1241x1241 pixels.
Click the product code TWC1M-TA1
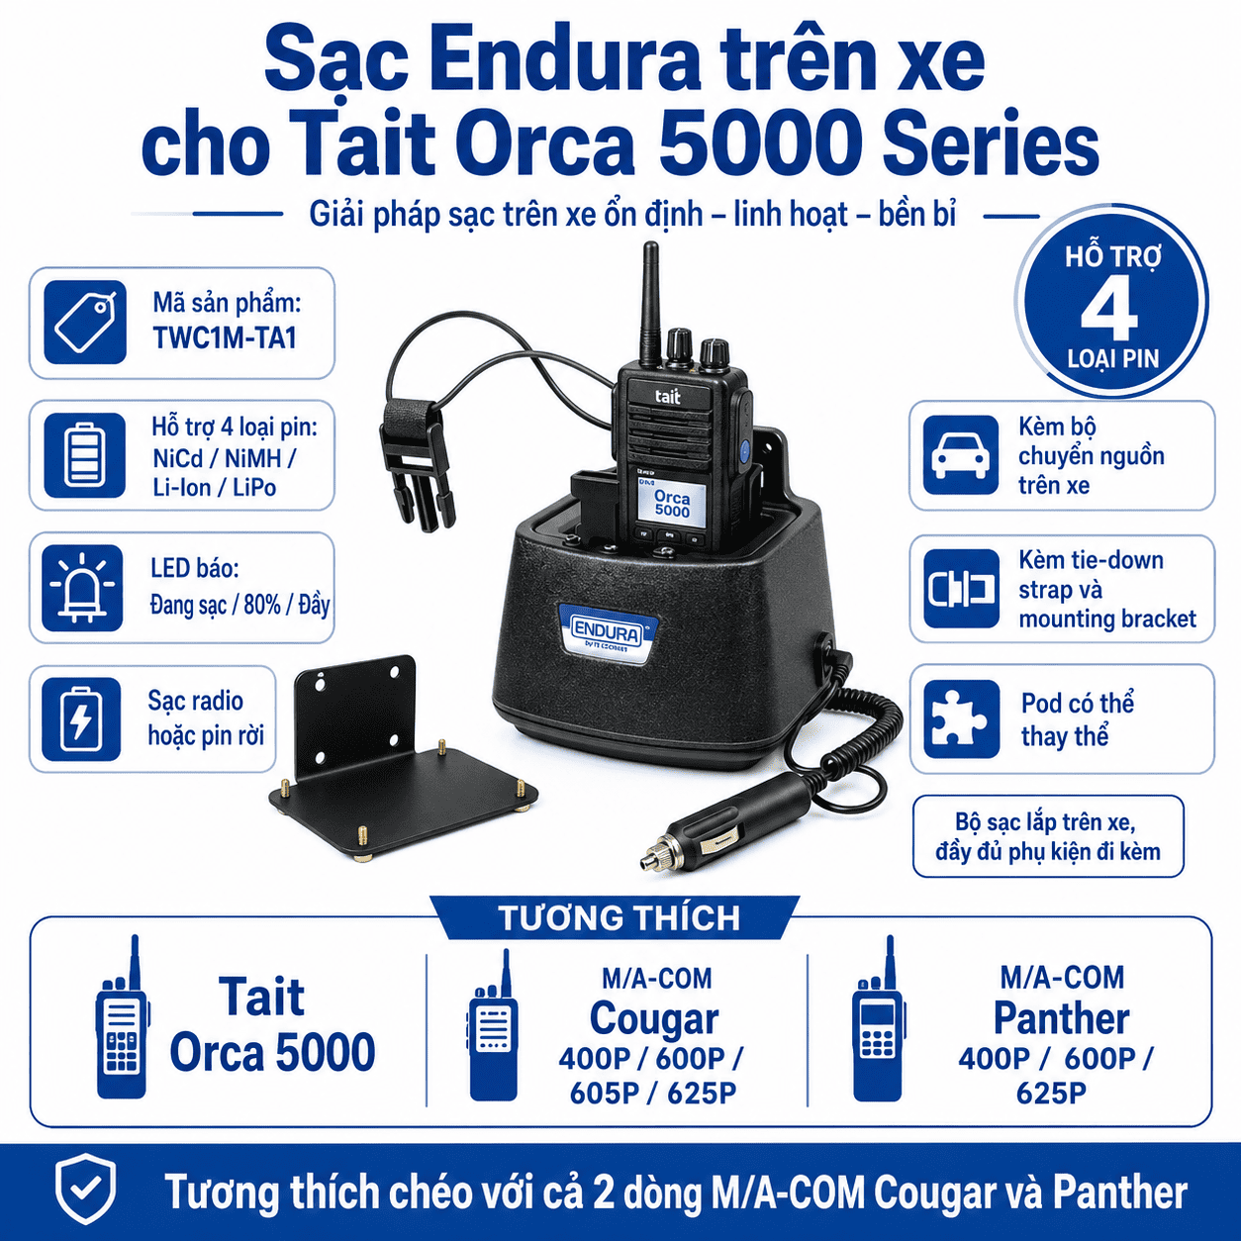pos(225,338)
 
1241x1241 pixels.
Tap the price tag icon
pos(85,322)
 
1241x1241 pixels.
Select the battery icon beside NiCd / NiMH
pos(85,455)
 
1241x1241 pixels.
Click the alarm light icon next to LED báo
pos(82,587)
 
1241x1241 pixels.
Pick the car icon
pos(961,454)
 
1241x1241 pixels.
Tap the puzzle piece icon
pos(961,718)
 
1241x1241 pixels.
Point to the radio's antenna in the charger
pos(652,304)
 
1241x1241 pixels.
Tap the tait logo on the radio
pos(667,396)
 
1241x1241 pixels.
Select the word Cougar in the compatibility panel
pos(654,1019)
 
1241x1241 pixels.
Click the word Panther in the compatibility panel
pos(1061,1018)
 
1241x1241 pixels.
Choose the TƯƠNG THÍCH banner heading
pos(619,917)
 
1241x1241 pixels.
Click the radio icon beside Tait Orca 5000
pos(123,1018)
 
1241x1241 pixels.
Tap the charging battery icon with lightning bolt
pos(81,719)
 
